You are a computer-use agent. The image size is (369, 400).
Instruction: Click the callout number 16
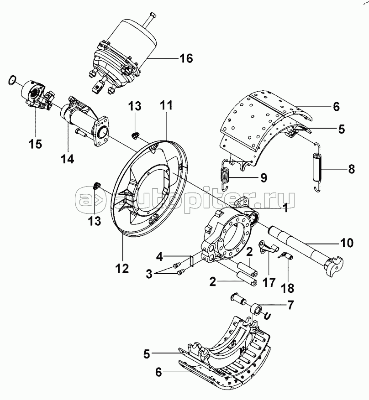tap(186, 58)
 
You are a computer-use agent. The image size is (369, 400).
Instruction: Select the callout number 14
tap(68, 159)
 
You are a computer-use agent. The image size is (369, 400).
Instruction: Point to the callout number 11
tap(166, 105)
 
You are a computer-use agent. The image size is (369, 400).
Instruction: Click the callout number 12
tap(122, 268)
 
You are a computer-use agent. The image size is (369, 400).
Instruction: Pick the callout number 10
tap(347, 243)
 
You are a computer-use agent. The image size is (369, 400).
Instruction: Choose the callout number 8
tap(351, 169)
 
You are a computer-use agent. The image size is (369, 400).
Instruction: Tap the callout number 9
tap(264, 177)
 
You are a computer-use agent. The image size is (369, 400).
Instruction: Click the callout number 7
tap(290, 305)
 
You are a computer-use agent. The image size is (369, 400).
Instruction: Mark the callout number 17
tap(269, 282)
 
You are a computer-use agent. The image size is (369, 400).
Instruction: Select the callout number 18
tap(288, 288)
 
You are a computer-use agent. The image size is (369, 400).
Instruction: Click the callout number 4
tap(159, 257)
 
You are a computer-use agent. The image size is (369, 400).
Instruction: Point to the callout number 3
tap(149, 274)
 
